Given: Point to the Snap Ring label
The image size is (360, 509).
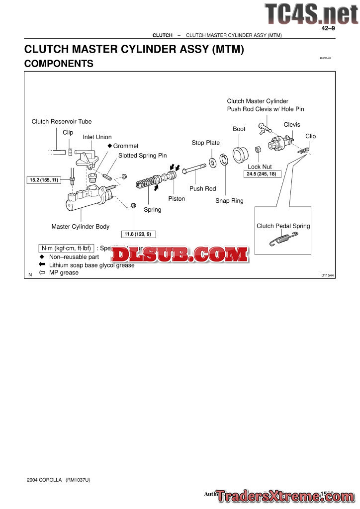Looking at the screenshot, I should tap(229, 201).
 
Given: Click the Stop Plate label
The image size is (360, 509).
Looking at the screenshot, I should tap(205, 143).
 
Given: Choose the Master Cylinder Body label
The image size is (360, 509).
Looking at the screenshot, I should tap(80, 227).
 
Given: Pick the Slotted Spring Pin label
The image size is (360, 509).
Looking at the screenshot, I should tap(142, 156).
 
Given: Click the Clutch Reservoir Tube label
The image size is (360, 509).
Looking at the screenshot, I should tap(62, 121).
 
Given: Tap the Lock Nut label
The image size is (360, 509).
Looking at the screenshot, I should tap(260, 167).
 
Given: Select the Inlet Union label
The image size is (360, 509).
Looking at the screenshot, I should tap(97, 137).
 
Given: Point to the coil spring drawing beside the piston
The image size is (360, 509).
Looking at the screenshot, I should tap(148, 182).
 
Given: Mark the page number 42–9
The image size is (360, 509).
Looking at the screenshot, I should tap(328, 28).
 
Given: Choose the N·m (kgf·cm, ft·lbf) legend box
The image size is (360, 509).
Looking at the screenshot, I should tap(66, 248).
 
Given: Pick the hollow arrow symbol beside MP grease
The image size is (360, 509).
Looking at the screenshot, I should tap(42, 272).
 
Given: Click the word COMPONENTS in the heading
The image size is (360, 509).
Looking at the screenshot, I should tap(59, 64).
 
